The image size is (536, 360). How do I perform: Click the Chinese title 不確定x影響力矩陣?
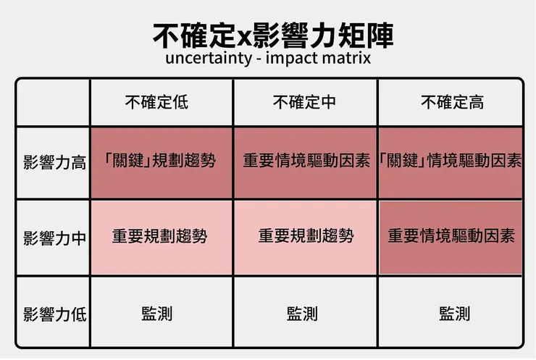click(273, 35)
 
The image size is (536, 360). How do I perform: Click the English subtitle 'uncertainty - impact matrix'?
click(268, 58)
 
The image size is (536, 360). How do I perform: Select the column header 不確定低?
click(156, 102)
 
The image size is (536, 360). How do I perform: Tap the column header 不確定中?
click(304, 102)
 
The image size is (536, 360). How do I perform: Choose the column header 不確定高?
click(452, 102)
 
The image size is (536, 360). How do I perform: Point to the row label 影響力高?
click(55, 162)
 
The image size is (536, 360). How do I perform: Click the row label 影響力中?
click(55, 238)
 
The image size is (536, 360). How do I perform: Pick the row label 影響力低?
click(55, 314)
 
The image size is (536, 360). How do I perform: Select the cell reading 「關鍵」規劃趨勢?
click(159, 160)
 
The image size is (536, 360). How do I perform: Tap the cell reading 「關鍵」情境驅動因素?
click(451, 160)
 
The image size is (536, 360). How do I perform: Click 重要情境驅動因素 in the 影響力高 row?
click(306, 160)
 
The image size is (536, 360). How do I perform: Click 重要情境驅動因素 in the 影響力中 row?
click(451, 235)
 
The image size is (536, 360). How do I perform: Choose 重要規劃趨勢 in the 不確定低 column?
click(159, 235)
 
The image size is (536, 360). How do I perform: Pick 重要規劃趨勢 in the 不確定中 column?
click(306, 235)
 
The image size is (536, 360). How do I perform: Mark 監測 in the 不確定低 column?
click(157, 314)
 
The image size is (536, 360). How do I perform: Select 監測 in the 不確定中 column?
click(302, 314)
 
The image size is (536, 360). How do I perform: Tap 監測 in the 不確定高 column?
click(455, 314)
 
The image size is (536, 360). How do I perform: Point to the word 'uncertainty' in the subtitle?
click(209, 59)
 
